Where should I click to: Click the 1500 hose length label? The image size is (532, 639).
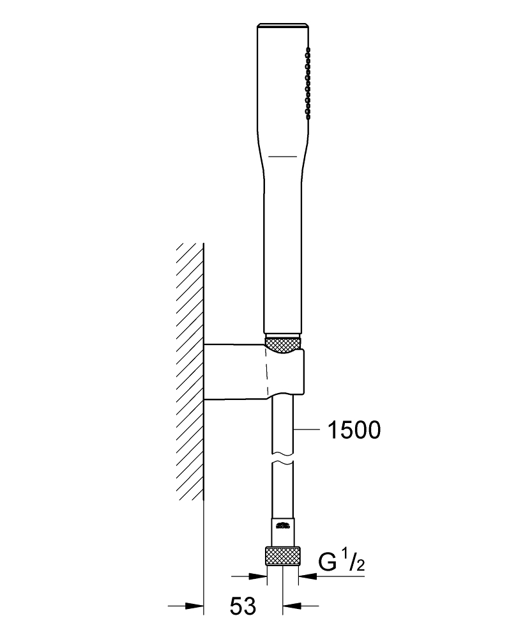coord(354,430)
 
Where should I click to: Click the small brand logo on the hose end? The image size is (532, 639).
coord(283,525)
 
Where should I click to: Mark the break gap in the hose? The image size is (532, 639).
coord(283,458)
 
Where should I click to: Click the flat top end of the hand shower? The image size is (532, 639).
coord(283,26)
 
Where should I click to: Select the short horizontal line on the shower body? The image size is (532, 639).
coord(283,156)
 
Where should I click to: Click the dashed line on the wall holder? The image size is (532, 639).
coord(267,371)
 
